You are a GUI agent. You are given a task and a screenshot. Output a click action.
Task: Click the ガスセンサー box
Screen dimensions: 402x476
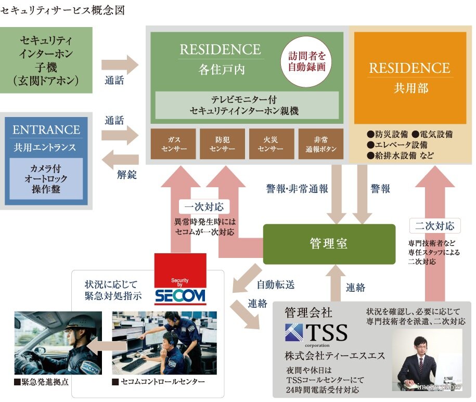tap(174, 144)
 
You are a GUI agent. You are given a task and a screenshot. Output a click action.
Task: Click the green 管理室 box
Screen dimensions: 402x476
tap(329, 244)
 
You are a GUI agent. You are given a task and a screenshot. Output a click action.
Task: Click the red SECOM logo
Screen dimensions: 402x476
tap(180, 280)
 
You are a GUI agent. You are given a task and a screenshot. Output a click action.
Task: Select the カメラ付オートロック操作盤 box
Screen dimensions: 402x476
tap(46, 178)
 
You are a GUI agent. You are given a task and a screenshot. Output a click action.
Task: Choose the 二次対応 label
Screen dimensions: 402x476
tap(435, 226)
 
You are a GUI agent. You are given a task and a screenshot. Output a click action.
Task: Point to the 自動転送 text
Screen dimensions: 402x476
tap(275, 285)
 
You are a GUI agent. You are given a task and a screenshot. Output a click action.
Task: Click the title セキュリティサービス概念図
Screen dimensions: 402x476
tap(63, 10)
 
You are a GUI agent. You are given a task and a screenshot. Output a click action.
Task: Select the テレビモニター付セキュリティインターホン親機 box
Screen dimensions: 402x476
tap(247, 105)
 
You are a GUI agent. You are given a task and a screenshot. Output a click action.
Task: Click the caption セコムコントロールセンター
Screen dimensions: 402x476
tap(159, 382)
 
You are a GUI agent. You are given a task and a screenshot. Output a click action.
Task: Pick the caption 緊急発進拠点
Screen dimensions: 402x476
tap(42, 382)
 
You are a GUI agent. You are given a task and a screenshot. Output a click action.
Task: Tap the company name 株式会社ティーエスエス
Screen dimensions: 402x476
tap(335, 356)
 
